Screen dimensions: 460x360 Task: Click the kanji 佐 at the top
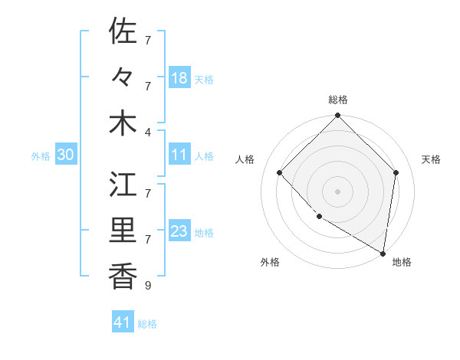click(x=123, y=32)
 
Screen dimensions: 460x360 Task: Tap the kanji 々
click(x=123, y=77)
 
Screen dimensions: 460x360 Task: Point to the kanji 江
click(x=123, y=185)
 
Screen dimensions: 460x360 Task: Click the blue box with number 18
click(x=179, y=78)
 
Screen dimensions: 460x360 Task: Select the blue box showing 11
click(x=179, y=155)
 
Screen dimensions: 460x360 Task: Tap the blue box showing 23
click(x=179, y=231)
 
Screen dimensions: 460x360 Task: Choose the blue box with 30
click(x=66, y=155)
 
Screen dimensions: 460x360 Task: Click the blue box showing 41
click(x=123, y=322)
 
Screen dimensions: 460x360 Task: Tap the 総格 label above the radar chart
click(x=338, y=100)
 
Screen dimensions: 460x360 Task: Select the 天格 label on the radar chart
click(x=432, y=159)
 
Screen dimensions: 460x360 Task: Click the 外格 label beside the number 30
click(x=41, y=155)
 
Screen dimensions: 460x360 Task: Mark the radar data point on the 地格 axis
click(x=383, y=253)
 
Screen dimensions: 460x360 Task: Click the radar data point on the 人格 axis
click(x=280, y=172)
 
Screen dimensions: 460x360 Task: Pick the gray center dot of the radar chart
click(x=338, y=191)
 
